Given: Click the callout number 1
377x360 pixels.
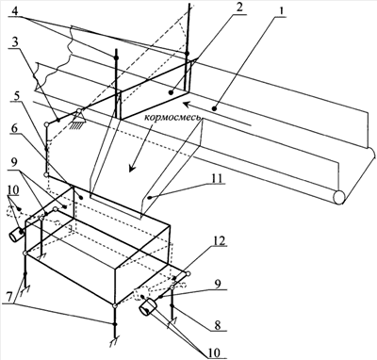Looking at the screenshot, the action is [282, 10].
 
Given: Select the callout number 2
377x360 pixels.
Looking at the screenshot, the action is [239, 8].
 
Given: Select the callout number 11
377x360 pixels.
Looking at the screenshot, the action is [218, 178].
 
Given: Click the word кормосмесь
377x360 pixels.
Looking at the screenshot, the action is [172, 119].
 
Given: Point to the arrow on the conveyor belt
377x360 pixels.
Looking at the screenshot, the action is [218, 114].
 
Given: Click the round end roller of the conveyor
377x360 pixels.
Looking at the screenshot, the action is [339, 198].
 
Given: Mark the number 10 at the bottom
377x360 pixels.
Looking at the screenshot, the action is [214, 352].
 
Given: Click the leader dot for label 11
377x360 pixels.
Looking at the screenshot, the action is [151, 198].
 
